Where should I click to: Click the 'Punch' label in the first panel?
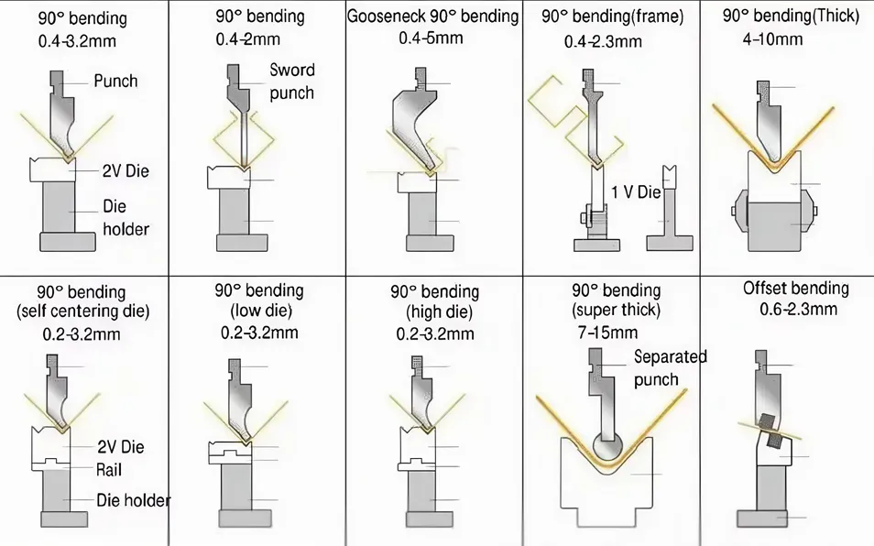click(115, 81)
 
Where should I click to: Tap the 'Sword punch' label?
click(291, 82)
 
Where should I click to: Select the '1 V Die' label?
click(636, 192)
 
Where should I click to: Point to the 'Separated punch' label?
click(669, 368)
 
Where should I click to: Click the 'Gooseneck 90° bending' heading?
click(433, 16)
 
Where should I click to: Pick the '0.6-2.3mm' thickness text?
click(798, 310)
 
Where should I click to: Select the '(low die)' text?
click(257, 311)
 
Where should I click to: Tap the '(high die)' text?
click(435, 313)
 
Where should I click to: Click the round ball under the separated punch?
click(606, 448)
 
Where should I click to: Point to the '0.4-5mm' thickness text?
click(431, 38)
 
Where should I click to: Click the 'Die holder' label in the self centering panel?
click(133, 500)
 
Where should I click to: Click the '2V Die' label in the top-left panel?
click(125, 170)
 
